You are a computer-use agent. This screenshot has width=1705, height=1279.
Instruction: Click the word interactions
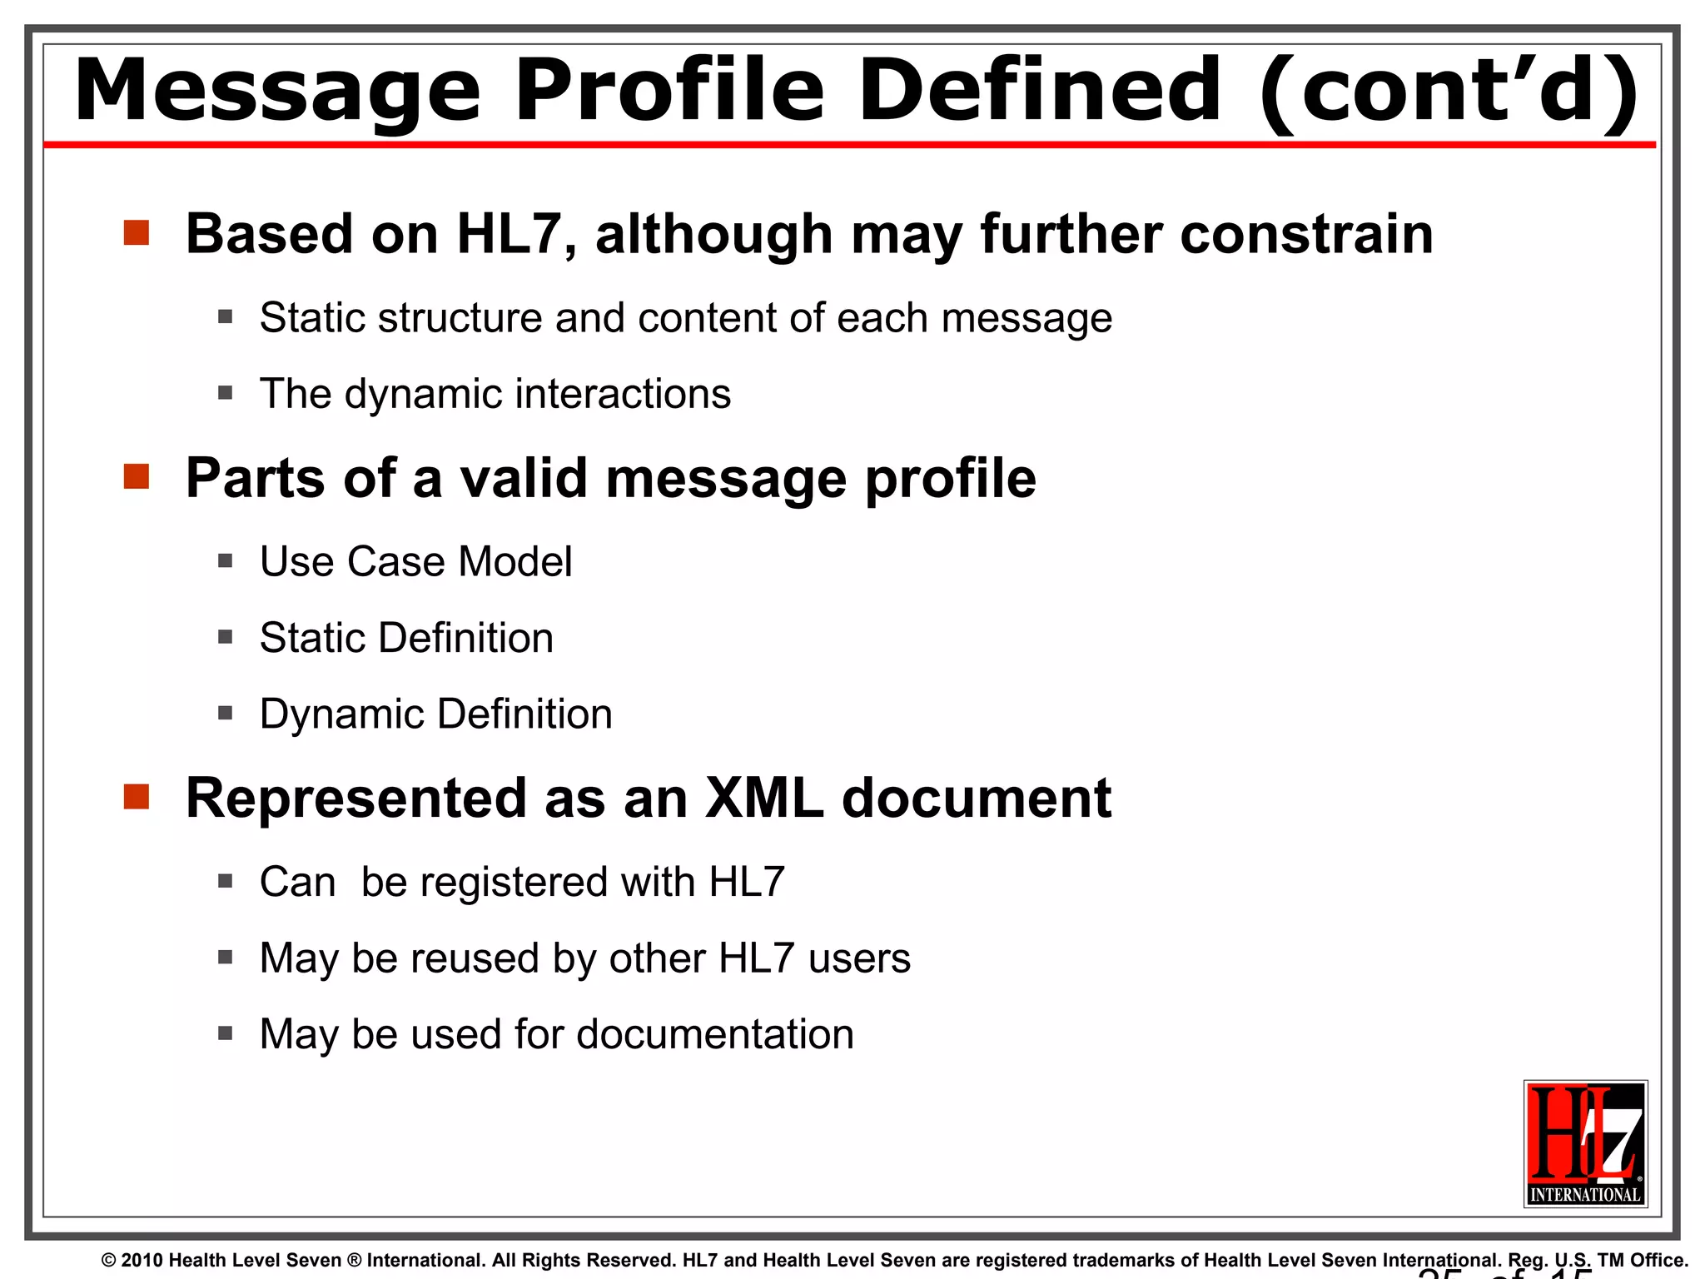point(623,394)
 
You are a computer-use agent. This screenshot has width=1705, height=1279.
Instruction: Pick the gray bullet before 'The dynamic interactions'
point(225,393)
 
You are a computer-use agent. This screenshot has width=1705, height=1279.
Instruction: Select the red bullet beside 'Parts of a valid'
point(137,477)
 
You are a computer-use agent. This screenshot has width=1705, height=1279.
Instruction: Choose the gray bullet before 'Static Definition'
point(225,638)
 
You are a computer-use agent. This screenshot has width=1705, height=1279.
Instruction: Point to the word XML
point(763,799)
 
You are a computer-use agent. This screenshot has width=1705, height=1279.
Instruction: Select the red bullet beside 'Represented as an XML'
point(137,797)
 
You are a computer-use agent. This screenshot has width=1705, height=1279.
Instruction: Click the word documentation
point(715,1035)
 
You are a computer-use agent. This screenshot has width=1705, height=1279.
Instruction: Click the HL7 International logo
point(1585,1143)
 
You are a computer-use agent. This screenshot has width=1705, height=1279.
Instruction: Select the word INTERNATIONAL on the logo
point(1585,1195)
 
